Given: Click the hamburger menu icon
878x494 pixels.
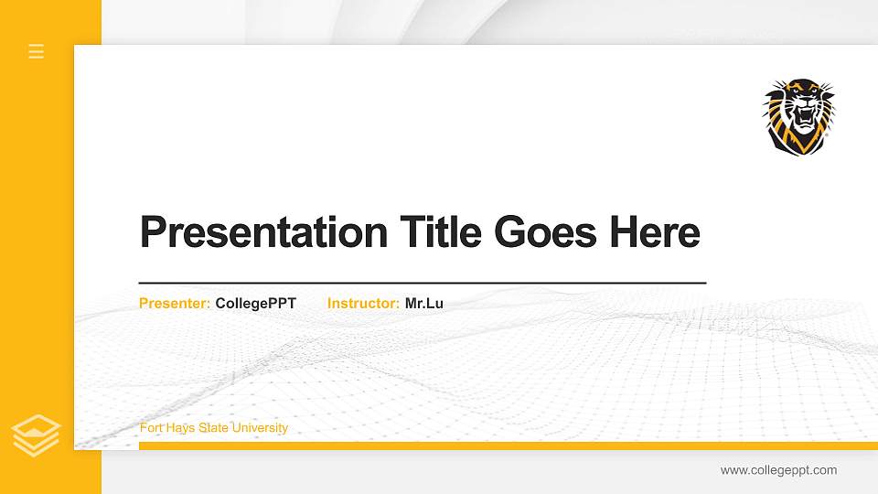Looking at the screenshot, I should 37,51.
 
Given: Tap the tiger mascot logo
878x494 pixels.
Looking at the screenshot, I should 799,116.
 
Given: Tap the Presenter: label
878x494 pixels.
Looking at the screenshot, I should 175,303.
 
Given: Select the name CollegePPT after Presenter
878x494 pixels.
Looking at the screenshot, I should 256,303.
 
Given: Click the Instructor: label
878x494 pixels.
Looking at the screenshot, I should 363,303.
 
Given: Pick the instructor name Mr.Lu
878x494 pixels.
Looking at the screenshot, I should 424,303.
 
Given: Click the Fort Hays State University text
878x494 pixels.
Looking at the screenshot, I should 213,428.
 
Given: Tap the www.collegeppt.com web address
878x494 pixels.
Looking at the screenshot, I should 778,470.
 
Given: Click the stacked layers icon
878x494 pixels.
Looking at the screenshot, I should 37,435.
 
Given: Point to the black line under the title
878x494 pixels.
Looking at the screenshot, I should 422,284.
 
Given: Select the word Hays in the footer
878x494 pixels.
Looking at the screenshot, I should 181,428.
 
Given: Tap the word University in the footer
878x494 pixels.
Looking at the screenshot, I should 260,428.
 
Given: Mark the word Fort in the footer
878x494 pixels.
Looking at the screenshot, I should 151,428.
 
